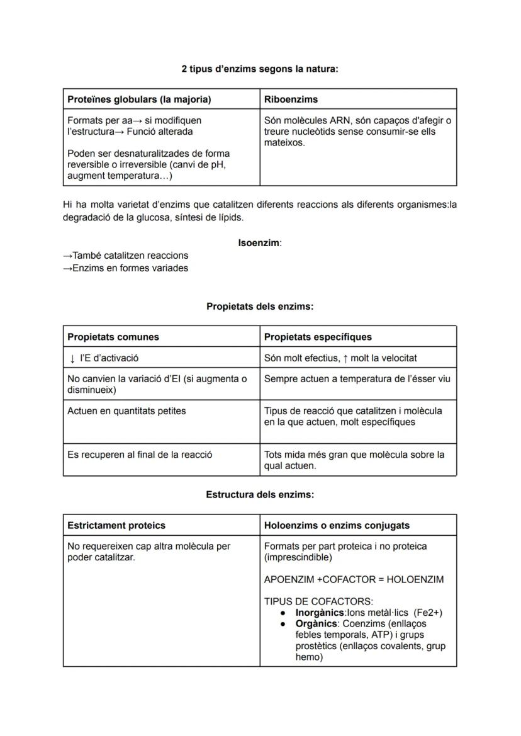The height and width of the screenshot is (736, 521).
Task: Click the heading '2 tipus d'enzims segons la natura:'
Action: pyautogui.click(x=259, y=69)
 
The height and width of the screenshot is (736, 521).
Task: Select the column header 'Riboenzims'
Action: pyautogui.click(x=291, y=99)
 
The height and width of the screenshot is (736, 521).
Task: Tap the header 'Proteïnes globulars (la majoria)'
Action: pyautogui.click(x=139, y=99)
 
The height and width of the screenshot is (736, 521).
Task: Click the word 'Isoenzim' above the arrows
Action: pyautogui.click(x=259, y=242)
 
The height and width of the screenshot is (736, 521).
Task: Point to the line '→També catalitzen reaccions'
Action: pyautogui.click(x=126, y=256)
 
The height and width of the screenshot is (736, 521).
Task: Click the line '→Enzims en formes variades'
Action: pyautogui.click(x=126, y=268)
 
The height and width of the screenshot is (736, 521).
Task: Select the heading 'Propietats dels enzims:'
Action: pyautogui.click(x=260, y=307)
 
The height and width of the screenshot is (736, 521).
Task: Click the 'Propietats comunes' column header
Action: pyautogui.click(x=113, y=337)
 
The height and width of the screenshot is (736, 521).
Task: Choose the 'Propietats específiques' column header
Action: pyautogui.click(x=318, y=337)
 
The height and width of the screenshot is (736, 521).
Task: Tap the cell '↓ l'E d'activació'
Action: pyautogui.click(x=104, y=358)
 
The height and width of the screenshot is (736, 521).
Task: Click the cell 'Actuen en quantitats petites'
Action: pyautogui.click(x=126, y=411)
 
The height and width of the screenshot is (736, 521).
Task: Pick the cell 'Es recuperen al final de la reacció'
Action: pyautogui.click(x=140, y=455)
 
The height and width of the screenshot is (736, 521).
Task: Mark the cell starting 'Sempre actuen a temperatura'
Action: pyautogui.click(x=357, y=379)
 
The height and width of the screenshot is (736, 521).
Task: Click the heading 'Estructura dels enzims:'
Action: pyautogui.click(x=260, y=495)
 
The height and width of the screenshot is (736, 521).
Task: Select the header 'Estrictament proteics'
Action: pyautogui.click(x=116, y=525)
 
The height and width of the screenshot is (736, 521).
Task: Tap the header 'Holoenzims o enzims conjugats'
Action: pyautogui.click(x=337, y=525)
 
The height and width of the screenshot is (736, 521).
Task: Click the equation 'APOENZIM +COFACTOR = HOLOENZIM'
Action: pyautogui.click(x=354, y=579)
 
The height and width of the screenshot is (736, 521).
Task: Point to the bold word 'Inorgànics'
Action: pyautogui.click(x=319, y=613)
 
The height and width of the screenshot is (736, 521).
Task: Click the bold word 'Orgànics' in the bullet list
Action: pyautogui.click(x=315, y=624)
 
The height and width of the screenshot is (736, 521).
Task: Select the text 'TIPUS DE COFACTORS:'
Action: pyautogui.click(x=318, y=601)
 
